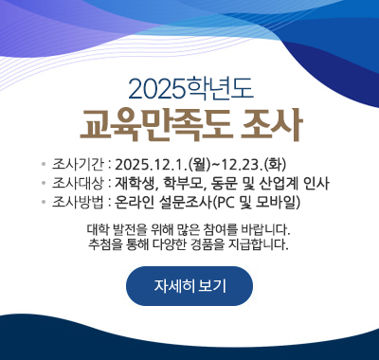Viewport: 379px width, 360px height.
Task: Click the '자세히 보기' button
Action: click(x=189, y=286)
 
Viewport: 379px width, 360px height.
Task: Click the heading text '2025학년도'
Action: click(x=189, y=92)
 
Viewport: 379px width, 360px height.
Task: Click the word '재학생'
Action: click(x=135, y=182)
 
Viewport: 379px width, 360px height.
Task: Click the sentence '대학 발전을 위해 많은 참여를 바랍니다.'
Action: click(x=189, y=229)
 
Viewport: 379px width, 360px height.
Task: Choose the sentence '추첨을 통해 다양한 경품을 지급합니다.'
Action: click(x=189, y=245)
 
